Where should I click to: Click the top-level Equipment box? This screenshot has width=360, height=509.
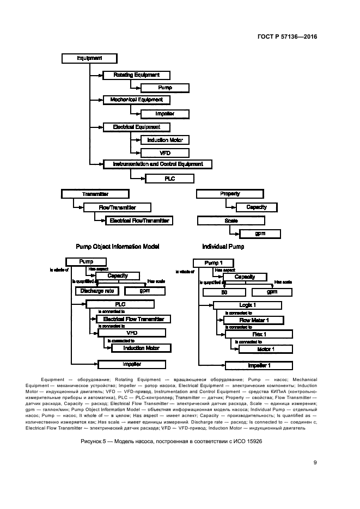coord(89,58)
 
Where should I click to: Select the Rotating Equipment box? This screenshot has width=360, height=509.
coord(136,75)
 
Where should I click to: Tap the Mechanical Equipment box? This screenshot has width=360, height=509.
coord(136,100)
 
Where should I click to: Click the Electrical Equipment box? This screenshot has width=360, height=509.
coord(136,127)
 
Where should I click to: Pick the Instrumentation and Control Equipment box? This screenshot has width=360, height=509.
coord(157,164)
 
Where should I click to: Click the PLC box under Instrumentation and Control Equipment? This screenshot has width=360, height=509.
coord(169,179)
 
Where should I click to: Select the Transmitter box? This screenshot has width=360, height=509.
coord(95,194)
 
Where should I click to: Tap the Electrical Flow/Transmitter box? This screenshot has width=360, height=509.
coord(141,220)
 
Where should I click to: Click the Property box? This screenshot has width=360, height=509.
coord(230,194)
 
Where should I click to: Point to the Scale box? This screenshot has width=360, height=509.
coord(231,220)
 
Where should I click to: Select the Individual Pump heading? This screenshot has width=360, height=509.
coord(223,247)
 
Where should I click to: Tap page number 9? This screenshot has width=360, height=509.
coord(315,463)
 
